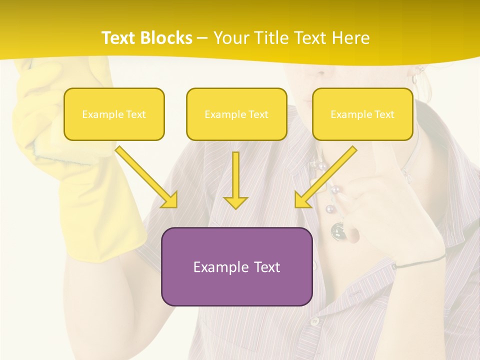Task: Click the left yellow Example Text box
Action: click(x=114, y=114)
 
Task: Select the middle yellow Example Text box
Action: click(x=236, y=114)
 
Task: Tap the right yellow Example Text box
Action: click(x=362, y=114)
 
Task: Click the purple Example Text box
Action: click(x=236, y=266)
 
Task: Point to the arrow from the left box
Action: click(x=147, y=177)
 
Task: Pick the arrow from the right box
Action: click(x=325, y=177)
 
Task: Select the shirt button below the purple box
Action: click(x=314, y=321)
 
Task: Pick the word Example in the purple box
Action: click(x=218, y=267)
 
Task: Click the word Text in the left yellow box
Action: click(x=136, y=114)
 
